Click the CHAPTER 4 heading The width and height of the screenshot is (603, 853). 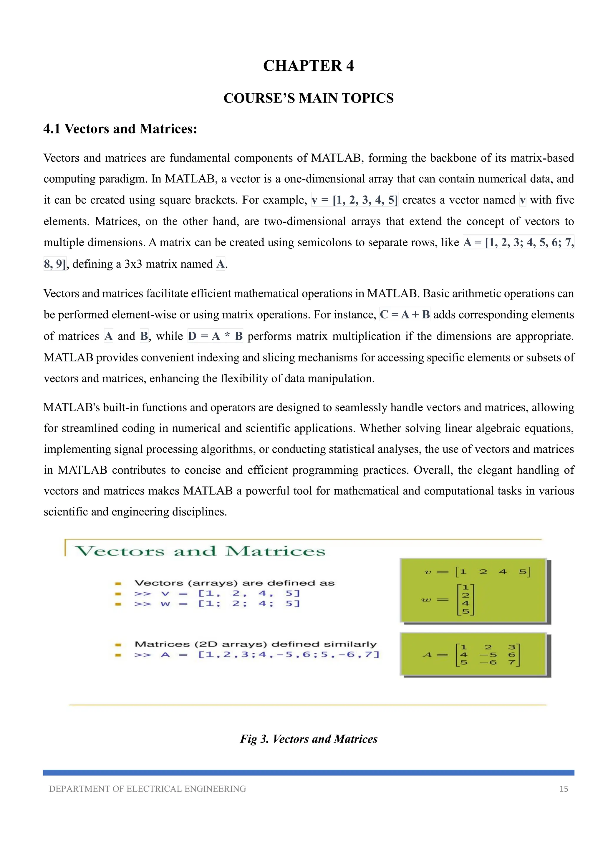coord(308,66)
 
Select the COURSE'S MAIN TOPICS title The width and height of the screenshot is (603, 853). coord(308,98)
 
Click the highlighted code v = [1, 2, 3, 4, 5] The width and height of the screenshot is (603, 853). coord(354,200)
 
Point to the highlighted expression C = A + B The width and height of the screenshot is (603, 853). coord(405,315)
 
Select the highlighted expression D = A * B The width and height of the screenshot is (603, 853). coord(215,336)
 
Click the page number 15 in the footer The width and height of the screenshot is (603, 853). coord(563,788)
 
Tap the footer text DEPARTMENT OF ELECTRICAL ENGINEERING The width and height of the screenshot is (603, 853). coord(148,788)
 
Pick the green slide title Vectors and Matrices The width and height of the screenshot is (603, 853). coord(201,551)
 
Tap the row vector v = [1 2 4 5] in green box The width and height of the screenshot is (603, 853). coord(477,572)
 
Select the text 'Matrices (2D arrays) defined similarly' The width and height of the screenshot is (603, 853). coord(256,644)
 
